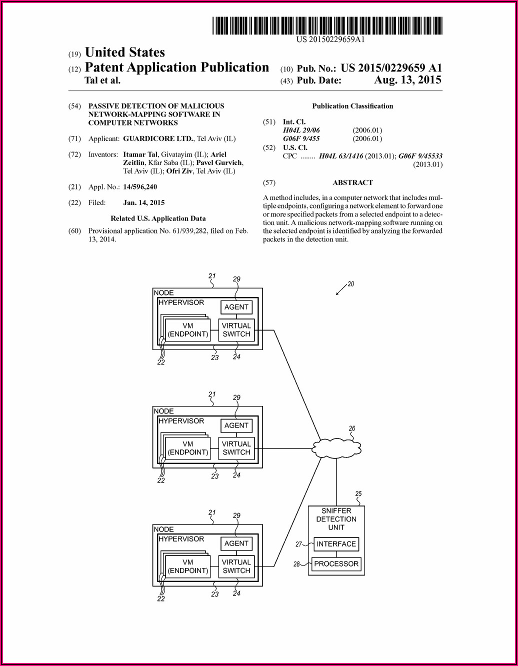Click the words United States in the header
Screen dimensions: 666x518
(124, 52)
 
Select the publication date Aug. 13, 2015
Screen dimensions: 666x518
(407, 80)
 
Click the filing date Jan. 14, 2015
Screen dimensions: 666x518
(143, 202)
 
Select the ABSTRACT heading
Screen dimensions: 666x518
(352, 182)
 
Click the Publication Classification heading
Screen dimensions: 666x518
(352, 106)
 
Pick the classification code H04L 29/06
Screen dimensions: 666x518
(301, 130)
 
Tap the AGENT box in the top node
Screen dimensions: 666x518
(236, 307)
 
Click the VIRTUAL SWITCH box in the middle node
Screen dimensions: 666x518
(236, 448)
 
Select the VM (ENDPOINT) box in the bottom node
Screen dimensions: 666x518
(188, 566)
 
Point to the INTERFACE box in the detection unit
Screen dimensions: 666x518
(336, 544)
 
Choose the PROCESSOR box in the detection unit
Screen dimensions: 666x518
(336, 564)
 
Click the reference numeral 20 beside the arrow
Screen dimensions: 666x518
(351, 284)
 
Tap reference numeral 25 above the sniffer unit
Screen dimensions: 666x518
(358, 494)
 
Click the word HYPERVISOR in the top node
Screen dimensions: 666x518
(181, 302)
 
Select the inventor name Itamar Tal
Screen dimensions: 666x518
(140, 154)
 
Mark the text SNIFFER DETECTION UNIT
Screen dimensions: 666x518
(336, 519)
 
